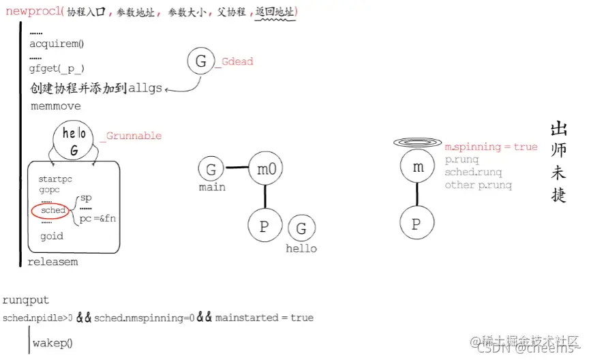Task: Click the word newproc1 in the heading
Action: [x=33, y=12]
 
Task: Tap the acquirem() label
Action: [x=57, y=44]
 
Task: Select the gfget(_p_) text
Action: [x=57, y=68]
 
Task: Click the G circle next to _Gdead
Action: [x=200, y=62]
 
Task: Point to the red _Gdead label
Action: [x=234, y=62]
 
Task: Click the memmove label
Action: [x=55, y=106]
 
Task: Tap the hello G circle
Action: [x=74, y=142]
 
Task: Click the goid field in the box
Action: [x=52, y=236]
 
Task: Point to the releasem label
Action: [x=52, y=262]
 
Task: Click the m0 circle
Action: [x=265, y=168]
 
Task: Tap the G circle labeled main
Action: [x=211, y=169]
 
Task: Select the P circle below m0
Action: [x=264, y=226]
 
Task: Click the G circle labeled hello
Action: [x=301, y=227]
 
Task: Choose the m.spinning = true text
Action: [x=491, y=147]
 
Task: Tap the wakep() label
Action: [x=52, y=342]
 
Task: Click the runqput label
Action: [x=26, y=300]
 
